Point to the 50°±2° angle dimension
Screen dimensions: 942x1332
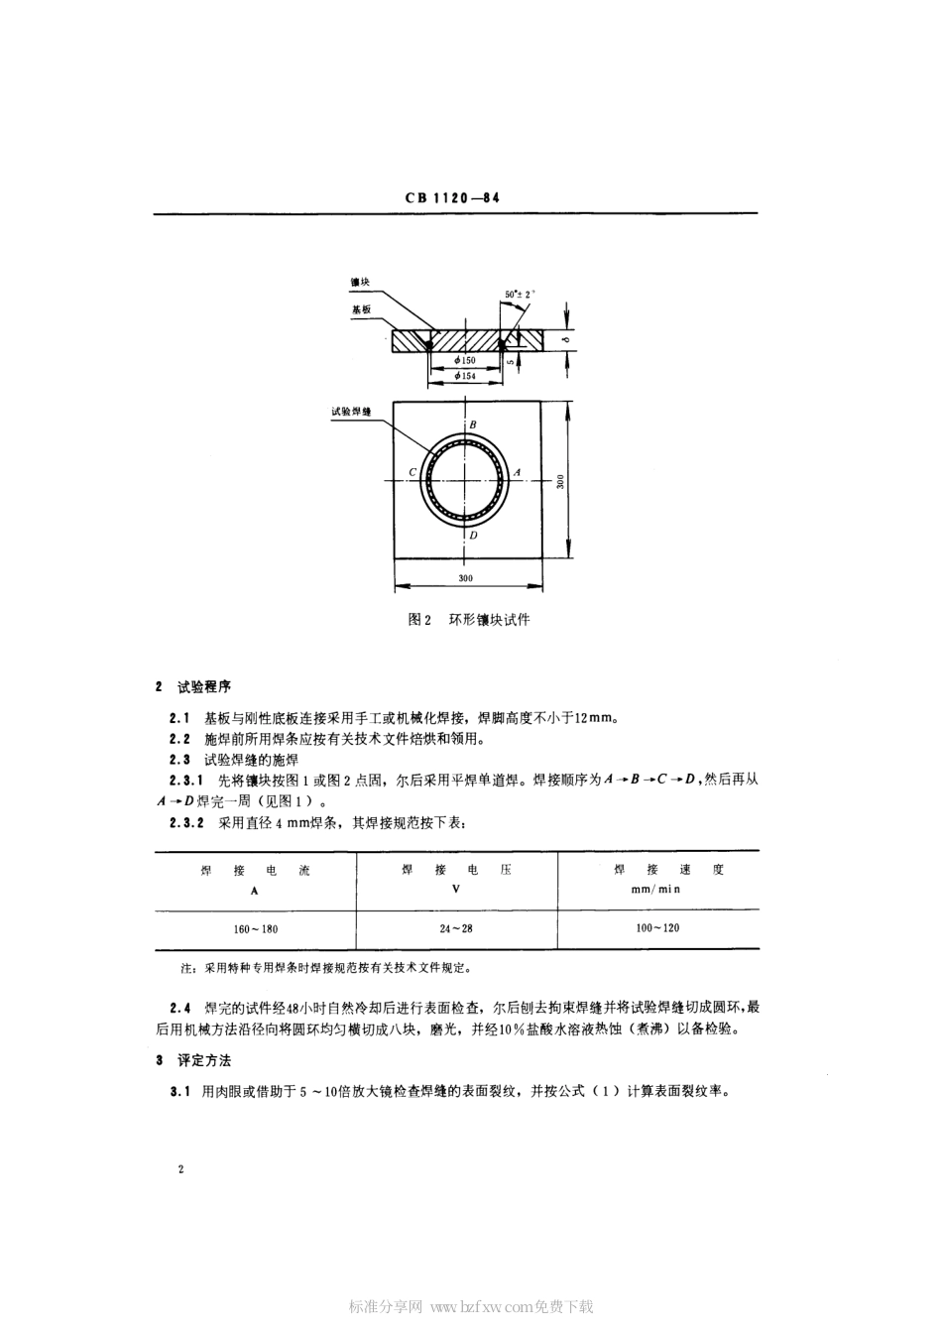[520, 295]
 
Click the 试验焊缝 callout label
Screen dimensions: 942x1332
[351, 410]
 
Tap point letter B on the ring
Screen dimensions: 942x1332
[473, 425]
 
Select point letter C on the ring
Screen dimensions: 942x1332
[412, 473]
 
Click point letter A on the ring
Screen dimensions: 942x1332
[517, 473]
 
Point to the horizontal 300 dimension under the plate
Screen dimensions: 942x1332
[466, 578]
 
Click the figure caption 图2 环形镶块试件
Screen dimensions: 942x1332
[469, 620]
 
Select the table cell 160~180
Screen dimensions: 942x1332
[256, 929]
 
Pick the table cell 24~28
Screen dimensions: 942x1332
[456, 928]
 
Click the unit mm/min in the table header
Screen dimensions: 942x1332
[657, 890]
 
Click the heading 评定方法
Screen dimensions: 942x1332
[203, 1060]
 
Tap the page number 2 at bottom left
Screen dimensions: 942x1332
[181, 1170]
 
